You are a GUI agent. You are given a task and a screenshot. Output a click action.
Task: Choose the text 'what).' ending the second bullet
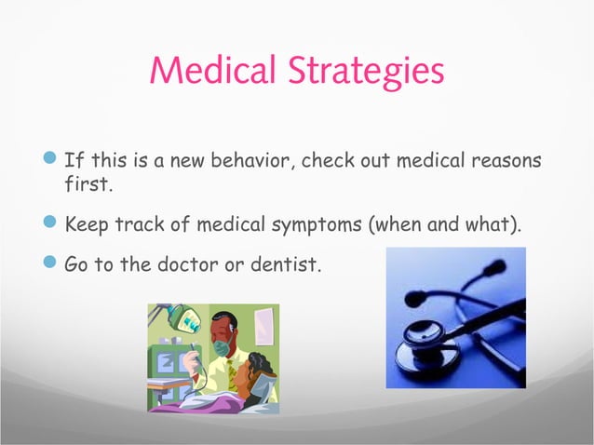493,225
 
